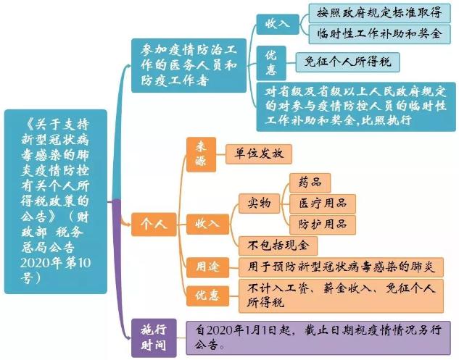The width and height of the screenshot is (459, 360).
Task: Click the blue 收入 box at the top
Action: point(278,25)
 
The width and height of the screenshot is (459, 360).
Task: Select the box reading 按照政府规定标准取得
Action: point(379,13)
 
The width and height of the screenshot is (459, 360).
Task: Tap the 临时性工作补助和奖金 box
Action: point(379,35)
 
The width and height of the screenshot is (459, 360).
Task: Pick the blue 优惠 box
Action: point(271,63)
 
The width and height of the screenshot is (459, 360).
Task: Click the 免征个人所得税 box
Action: point(347,62)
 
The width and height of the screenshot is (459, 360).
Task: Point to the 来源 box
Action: point(201,154)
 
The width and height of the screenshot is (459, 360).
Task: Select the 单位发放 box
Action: point(259,154)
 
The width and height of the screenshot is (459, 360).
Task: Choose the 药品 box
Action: point(310,183)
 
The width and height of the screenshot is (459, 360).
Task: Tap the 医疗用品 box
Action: point(323,204)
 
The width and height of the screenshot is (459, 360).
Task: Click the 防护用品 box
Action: point(323,225)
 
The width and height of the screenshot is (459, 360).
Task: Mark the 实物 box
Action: point(259,204)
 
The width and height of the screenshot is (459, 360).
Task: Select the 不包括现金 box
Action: point(278,246)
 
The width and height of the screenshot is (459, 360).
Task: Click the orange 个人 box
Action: point(154,225)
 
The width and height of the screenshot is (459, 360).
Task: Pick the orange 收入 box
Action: point(207,225)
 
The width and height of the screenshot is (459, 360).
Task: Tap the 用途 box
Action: point(207,267)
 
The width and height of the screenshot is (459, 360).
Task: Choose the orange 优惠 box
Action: point(207,296)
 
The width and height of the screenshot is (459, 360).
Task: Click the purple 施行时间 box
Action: point(154,338)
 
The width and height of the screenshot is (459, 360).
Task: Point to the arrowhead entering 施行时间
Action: point(129,338)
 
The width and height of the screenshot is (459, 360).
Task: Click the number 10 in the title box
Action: point(84,263)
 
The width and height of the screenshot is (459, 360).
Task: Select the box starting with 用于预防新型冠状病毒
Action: point(341,267)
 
